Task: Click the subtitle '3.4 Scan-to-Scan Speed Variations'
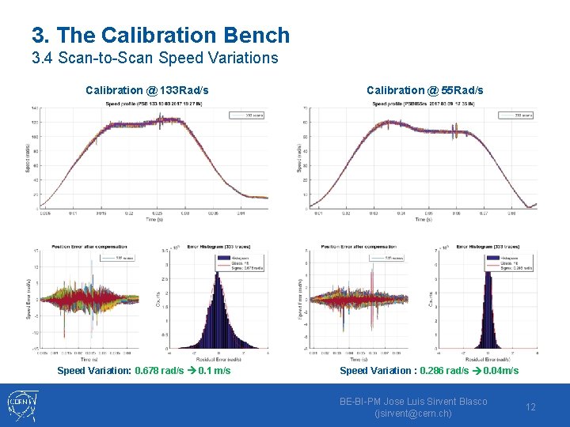(x=155, y=58)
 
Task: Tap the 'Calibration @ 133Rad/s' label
(x=147, y=90)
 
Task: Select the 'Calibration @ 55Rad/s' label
(x=424, y=90)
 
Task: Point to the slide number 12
(x=530, y=407)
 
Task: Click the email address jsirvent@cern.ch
(x=413, y=414)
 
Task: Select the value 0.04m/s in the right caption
(x=500, y=370)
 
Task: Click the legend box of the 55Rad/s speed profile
(x=519, y=115)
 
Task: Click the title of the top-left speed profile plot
(x=154, y=104)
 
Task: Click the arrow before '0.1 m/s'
(x=192, y=370)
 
